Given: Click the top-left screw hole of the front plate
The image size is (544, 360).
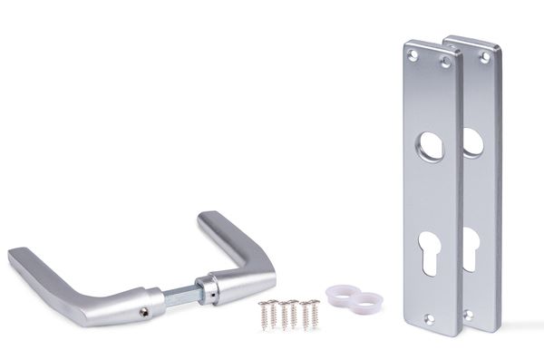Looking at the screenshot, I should click(x=413, y=55).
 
